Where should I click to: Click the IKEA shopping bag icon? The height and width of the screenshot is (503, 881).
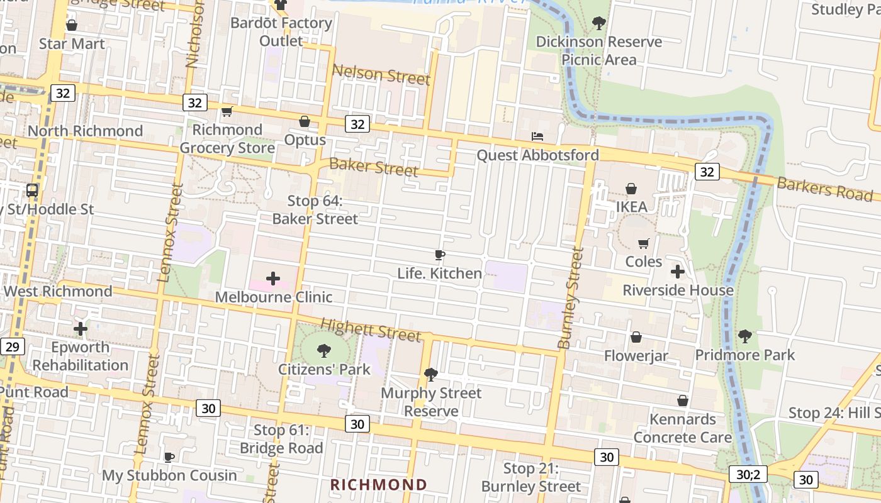tap(631, 189)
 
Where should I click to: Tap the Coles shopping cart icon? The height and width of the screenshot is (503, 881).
tap(644, 243)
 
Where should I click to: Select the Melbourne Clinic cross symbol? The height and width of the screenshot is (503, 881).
tap(273, 278)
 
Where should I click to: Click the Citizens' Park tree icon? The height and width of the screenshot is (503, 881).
tap(324, 350)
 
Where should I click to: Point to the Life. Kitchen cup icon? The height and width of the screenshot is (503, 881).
tap(440, 255)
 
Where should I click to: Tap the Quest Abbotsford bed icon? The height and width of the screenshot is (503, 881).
tap(537, 136)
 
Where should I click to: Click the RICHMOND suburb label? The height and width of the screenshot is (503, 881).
tap(379, 485)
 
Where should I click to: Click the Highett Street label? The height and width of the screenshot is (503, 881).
tap(371, 330)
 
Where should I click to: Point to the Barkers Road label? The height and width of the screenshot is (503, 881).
tap(824, 189)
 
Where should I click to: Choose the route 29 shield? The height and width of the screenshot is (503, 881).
tap(13, 346)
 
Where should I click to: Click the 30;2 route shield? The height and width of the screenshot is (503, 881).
tap(748, 473)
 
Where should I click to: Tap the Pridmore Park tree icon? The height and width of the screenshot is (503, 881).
tap(745, 336)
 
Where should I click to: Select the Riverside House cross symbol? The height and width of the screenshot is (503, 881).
tap(678, 272)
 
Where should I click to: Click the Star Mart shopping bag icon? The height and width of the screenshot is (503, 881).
tap(72, 25)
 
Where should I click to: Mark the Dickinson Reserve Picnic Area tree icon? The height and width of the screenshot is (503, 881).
tap(598, 23)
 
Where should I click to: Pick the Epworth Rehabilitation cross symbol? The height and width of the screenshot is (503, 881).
tap(81, 328)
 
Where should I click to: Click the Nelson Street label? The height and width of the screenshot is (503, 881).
tap(381, 75)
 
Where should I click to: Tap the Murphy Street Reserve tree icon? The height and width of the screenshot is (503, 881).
tap(431, 375)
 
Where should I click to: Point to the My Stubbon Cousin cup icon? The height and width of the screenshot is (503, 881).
tap(169, 457)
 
